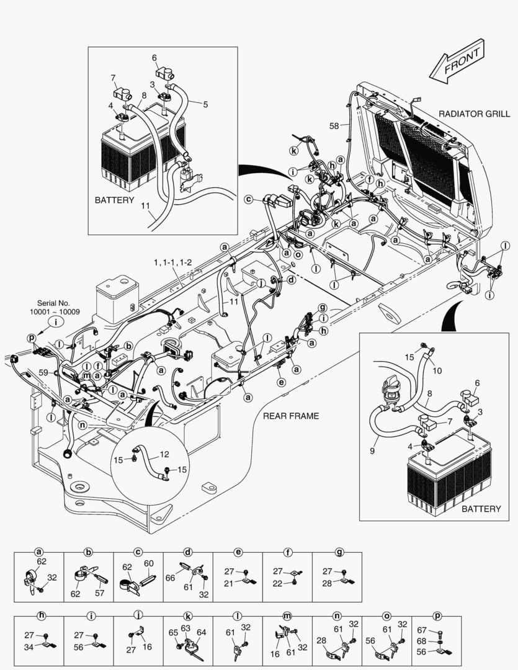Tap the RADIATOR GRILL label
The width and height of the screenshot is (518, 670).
[x=474, y=114]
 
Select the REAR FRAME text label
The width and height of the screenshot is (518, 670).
[x=291, y=416]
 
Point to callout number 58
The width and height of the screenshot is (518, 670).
[x=334, y=126]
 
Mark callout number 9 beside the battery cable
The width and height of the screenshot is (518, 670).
[x=372, y=451]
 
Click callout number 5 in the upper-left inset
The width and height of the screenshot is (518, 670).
[x=205, y=105]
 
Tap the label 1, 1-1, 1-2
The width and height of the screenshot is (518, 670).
[x=173, y=263]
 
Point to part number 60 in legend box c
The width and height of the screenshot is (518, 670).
[x=148, y=564]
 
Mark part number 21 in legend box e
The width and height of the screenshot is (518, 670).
[x=228, y=584]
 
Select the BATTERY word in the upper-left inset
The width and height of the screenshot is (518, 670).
[x=114, y=200]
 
